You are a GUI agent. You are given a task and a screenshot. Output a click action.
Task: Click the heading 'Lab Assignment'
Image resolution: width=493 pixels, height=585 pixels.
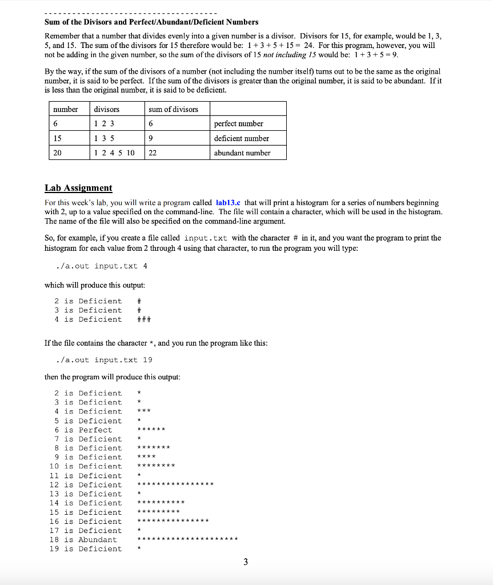pos(78,188)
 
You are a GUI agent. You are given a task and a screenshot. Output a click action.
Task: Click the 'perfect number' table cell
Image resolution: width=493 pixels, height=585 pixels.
pos(238,123)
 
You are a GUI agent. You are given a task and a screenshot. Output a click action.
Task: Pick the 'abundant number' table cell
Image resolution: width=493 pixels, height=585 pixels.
pos(242,153)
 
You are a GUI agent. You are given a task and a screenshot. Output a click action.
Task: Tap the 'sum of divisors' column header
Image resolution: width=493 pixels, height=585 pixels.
pos(173,109)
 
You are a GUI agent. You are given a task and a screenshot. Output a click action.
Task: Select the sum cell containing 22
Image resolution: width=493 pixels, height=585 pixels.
pos(153,153)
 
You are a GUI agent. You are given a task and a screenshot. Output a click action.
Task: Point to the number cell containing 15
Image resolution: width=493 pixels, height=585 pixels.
pos(58,138)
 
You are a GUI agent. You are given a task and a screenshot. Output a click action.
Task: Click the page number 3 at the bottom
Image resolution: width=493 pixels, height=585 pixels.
pos(246,562)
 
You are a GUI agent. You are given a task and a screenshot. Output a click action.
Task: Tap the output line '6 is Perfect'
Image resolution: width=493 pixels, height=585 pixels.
pos(83,430)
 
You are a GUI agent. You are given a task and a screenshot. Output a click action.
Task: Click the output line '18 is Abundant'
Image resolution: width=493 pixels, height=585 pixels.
pos(83,540)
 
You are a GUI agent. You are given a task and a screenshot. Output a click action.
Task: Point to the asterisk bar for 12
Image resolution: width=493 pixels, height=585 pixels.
pos(175,485)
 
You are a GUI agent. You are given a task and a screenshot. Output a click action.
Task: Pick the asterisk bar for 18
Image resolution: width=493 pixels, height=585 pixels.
pos(187,540)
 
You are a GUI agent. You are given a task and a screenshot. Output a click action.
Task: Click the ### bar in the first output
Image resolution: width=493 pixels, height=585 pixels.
pos(144,320)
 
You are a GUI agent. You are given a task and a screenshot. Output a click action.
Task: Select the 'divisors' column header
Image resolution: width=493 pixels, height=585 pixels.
pos(107,109)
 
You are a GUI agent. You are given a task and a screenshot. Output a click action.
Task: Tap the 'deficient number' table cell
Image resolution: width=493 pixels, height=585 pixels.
pos(241,138)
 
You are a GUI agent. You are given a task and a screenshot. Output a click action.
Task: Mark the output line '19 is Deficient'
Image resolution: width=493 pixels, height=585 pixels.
pos(86,549)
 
